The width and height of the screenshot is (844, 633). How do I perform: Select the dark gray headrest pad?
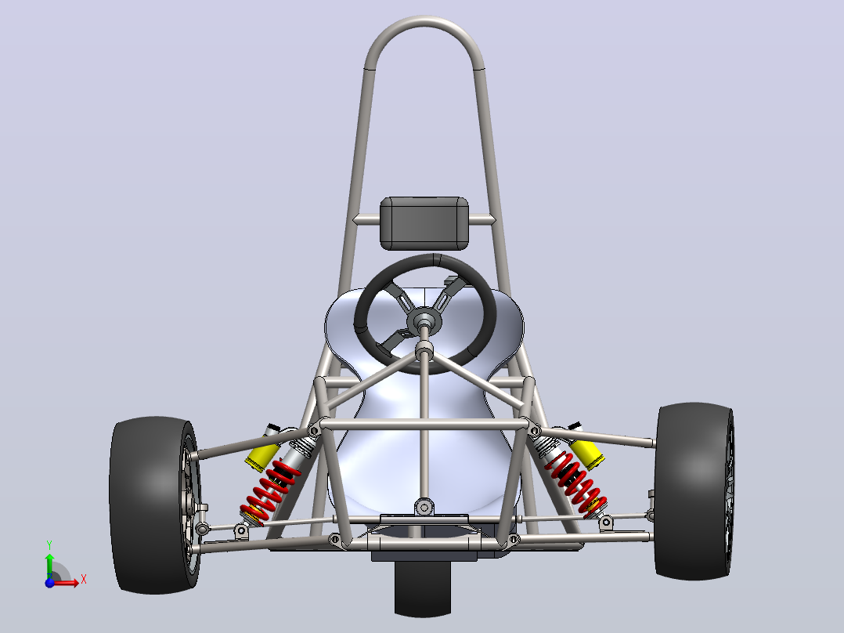424,223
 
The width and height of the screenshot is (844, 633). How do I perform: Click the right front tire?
694,490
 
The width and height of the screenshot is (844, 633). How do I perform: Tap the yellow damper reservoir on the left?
262,455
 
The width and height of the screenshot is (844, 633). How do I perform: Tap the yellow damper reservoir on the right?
587,454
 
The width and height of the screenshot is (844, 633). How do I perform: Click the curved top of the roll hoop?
424,21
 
